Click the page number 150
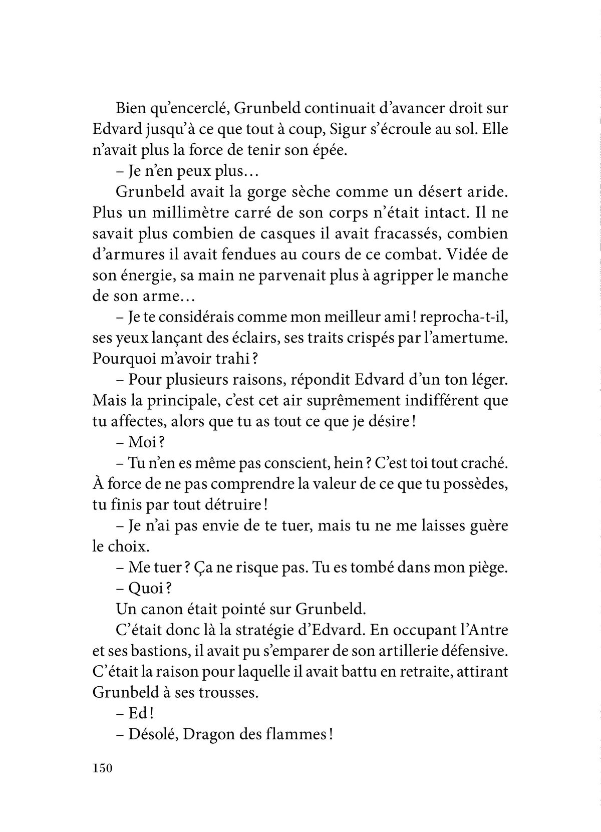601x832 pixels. click(104, 768)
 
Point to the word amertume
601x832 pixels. click(461, 339)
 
